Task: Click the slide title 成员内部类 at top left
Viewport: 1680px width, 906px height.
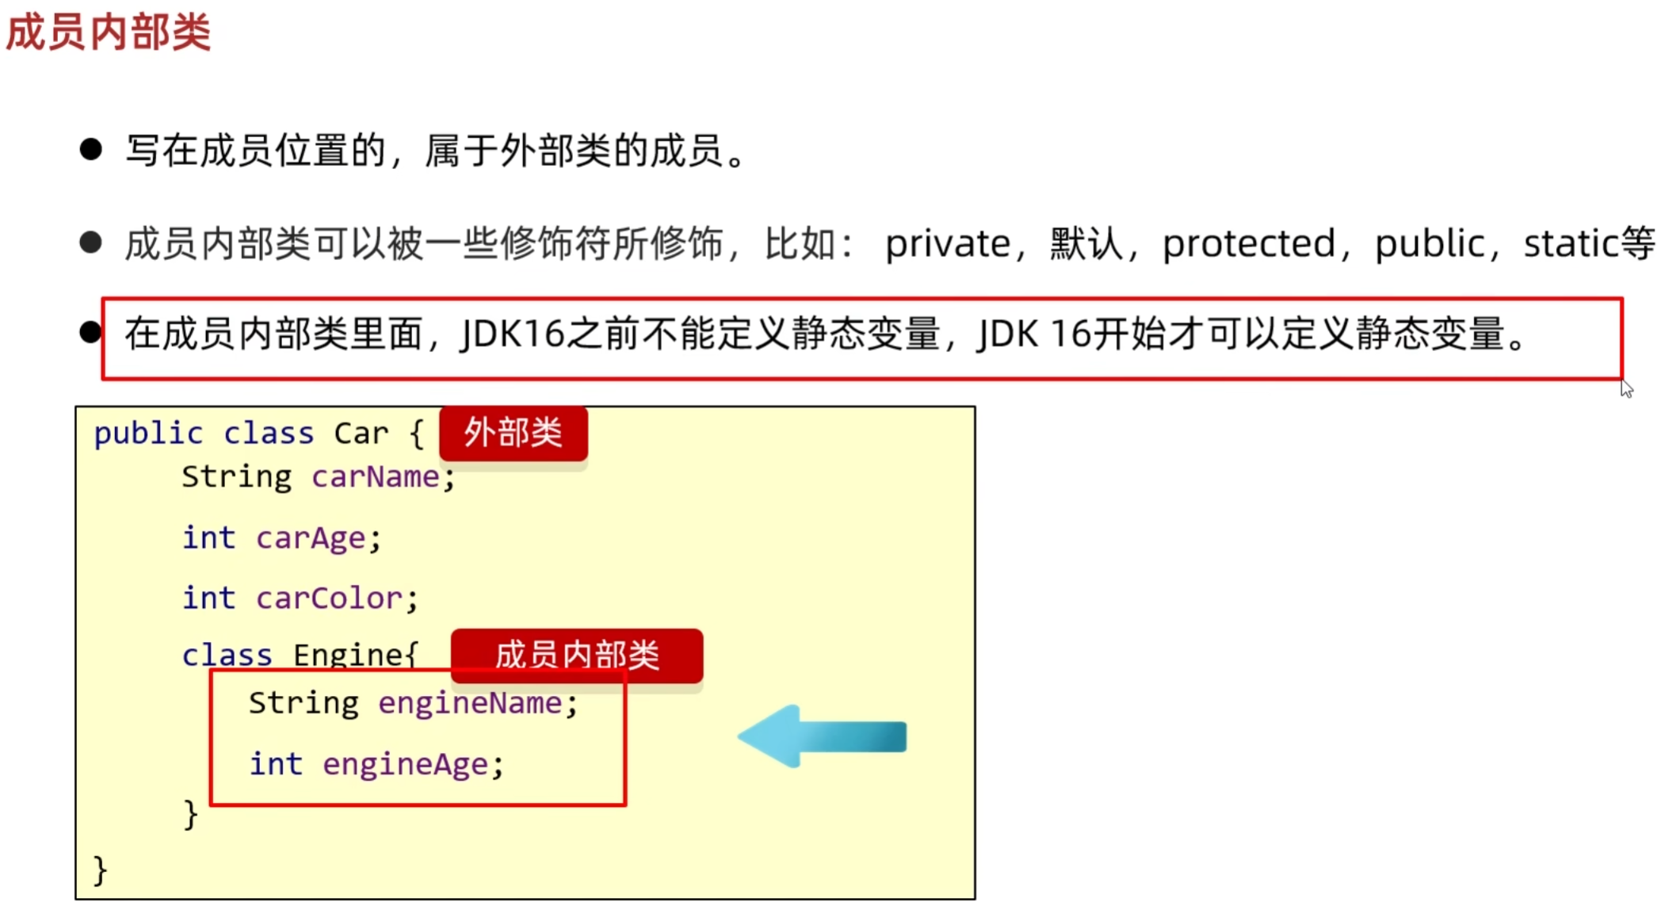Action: click(109, 32)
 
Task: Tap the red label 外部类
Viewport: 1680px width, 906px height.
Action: click(514, 434)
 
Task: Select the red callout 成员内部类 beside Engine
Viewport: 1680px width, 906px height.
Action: click(577, 656)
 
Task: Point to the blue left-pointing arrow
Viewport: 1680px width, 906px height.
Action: click(821, 736)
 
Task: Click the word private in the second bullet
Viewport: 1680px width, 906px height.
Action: click(947, 243)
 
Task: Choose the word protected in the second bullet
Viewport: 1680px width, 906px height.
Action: click(1248, 243)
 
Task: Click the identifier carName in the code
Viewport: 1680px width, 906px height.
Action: click(376, 477)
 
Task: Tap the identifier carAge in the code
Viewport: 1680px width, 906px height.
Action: click(311, 538)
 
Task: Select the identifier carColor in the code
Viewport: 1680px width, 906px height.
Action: click(329, 598)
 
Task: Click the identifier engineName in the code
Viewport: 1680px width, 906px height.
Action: click(470, 703)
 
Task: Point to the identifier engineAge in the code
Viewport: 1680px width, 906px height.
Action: click(405, 764)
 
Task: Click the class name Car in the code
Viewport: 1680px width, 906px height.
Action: click(361, 434)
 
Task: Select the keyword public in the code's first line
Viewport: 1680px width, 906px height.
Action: click(148, 434)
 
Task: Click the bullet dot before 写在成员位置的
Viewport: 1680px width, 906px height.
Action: click(91, 149)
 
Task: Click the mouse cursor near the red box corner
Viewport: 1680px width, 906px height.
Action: click(1626, 388)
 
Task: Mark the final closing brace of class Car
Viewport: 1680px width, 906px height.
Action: click(100, 870)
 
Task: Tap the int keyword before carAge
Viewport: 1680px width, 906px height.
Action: click(208, 537)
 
